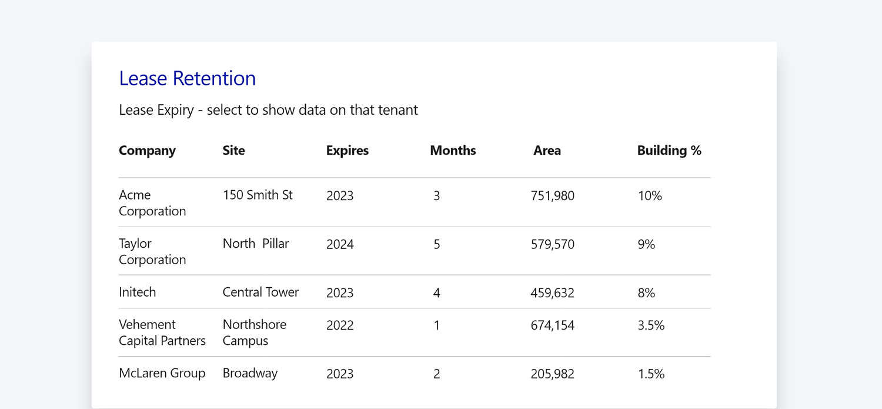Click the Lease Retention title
[187, 78]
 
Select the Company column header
[147, 151]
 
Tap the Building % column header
[669, 151]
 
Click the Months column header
[453, 151]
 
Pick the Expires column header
[348, 151]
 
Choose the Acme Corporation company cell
[152, 203]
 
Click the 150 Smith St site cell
[258, 195]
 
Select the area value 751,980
[552, 196]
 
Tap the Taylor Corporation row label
[152, 251]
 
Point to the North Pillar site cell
[256, 244]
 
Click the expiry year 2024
[340, 245]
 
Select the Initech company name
[138, 292]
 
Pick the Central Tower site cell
[260, 292]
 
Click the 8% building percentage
[646, 293]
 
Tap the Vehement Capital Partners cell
[162, 332]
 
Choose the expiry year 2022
[340, 325]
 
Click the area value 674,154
[552, 325]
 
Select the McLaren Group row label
[162, 373]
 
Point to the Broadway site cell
[250, 373]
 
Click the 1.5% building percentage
[651, 374]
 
